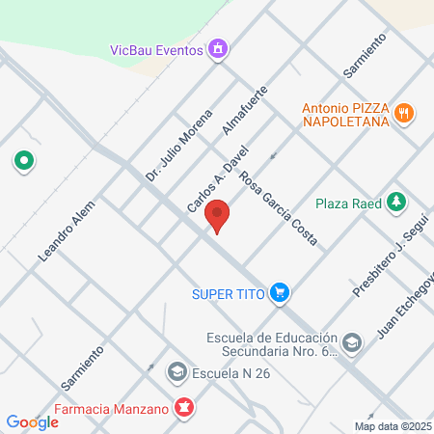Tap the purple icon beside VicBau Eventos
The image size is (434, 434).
pos(219,48)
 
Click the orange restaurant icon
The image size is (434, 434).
pos(406,113)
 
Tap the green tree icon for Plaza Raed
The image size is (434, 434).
pos(395,202)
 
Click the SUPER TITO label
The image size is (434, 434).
pos(228,291)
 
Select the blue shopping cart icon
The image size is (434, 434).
pos(280,291)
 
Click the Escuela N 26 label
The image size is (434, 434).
pos(231,370)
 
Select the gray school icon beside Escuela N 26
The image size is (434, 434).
pos(176,370)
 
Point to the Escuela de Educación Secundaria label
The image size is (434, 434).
pos(272,344)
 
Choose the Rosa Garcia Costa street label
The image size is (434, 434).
pos(279,207)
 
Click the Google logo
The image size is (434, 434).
pos(32,421)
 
